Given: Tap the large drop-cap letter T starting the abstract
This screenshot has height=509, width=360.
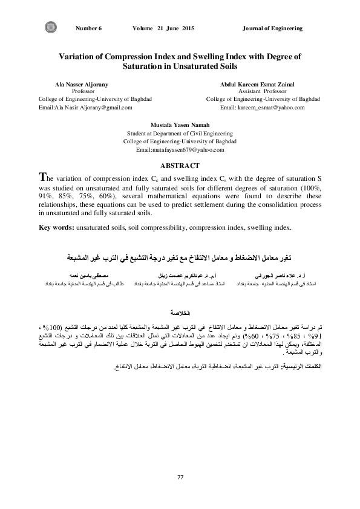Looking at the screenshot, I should [42, 178].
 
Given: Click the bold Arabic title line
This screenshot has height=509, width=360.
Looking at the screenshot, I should [180, 251].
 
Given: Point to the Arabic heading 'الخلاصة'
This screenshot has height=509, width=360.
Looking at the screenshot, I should [180, 297].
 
